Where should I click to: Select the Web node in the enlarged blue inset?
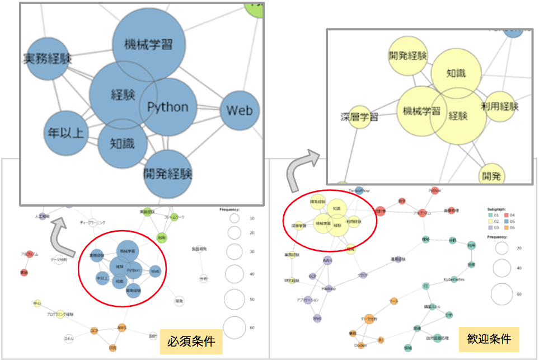pos(240,110)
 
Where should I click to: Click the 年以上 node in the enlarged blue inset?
pos(66,133)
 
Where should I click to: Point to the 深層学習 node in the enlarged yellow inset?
pos(360,117)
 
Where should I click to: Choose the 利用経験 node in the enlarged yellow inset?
pos(499,106)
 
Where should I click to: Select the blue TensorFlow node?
pos(359,191)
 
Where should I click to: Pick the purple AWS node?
pos(328,260)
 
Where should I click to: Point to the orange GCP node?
pos(95,330)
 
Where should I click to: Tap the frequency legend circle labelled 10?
pos(234,218)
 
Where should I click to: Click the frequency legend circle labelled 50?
pos(234,300)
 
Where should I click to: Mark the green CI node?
pos(426,286)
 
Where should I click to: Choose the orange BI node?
pos(381,340)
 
